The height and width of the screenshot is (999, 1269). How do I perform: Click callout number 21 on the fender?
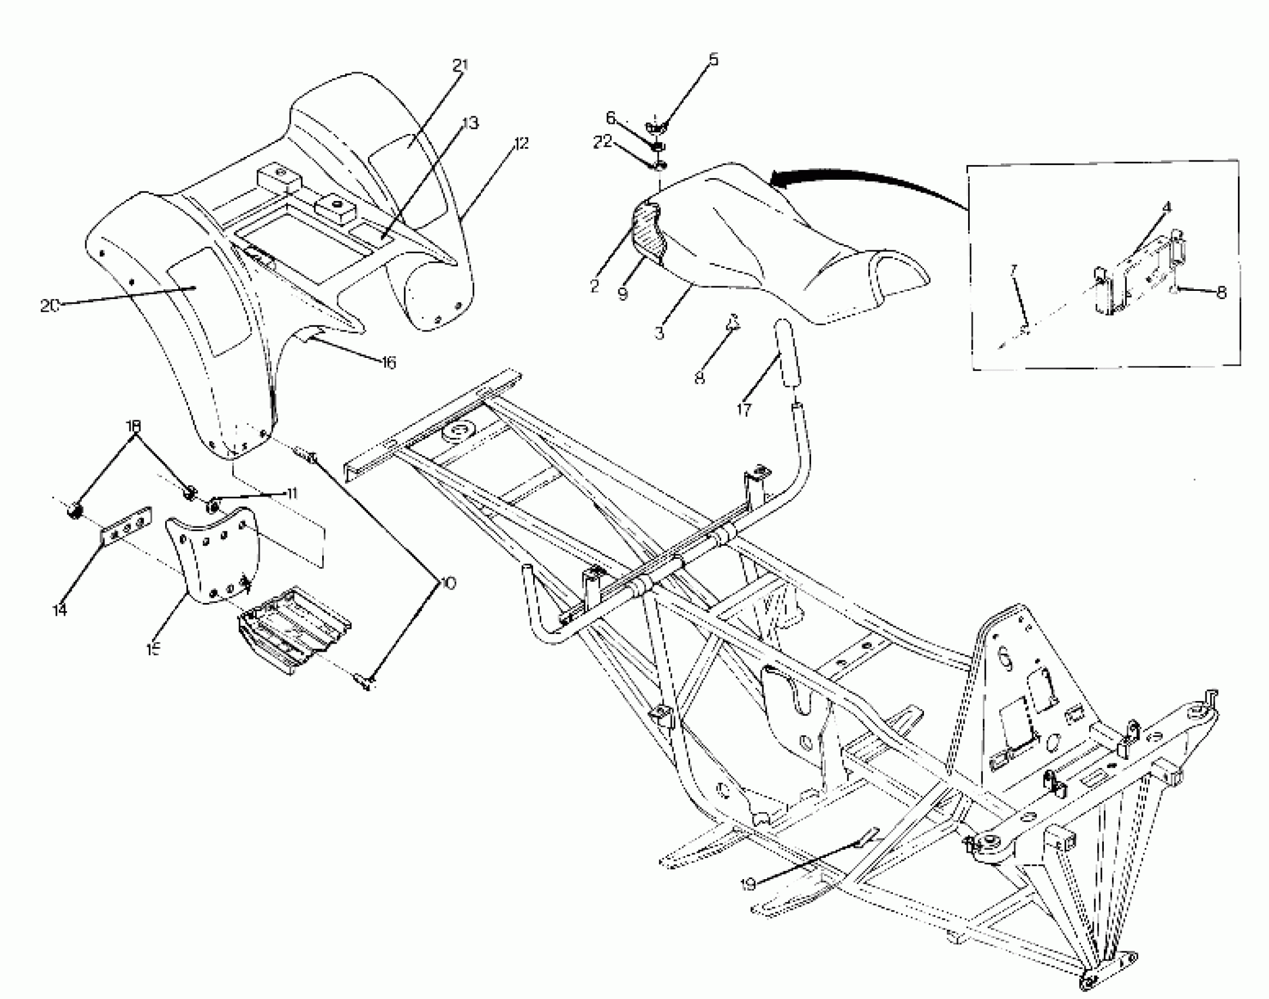pyautogui.click(x=460, y=65)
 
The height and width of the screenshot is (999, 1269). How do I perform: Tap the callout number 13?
pyautogui.click(x=470, y=123)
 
